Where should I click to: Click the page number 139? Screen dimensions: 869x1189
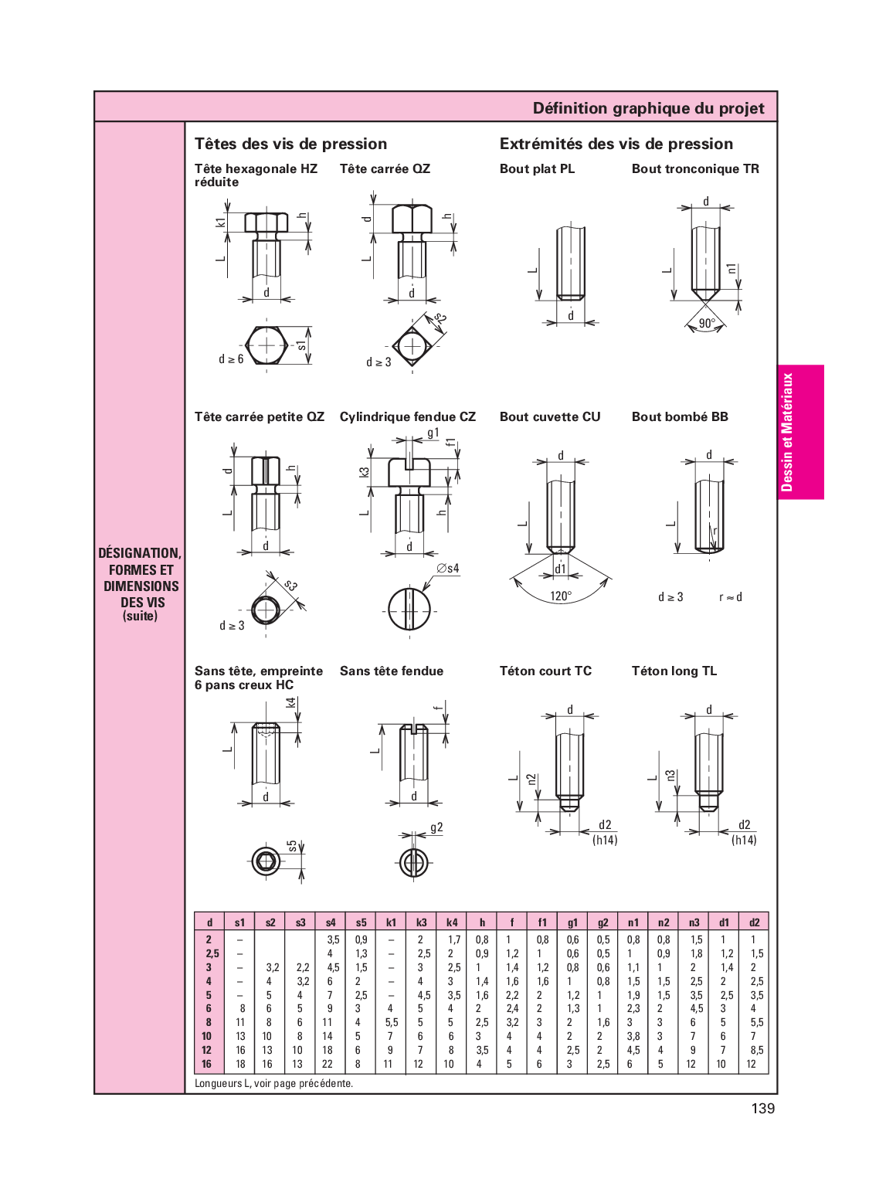(763, 1109)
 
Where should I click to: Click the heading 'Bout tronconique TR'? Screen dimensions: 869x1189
(695, 168)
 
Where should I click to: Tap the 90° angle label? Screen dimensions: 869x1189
(707, 323)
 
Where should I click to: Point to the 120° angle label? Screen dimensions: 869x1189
(561, 596)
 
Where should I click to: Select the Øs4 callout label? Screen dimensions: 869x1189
(447, 569)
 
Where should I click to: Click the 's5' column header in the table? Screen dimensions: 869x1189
(361, 922)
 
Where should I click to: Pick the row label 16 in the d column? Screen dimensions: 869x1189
(206, 1064)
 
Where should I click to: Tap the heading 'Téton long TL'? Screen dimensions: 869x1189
(674, 671)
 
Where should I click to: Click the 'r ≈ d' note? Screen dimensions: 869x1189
(731, 597)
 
